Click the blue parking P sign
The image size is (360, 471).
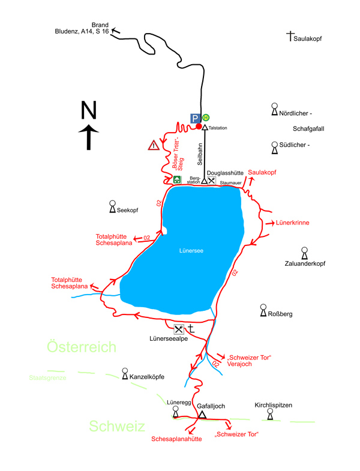point(195,118)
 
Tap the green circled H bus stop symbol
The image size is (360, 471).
point(206,118)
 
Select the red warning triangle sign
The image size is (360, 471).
point(154,145)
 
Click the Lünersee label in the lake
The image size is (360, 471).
point(191,251)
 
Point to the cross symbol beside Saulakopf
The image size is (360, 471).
point(290,36)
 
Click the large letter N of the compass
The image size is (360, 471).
point(89,110)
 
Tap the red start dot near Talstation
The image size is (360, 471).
point(199,126)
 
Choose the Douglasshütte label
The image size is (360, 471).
point(225,173)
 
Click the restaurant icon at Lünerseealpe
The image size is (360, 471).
point(178,329)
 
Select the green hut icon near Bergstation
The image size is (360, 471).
point(177,179)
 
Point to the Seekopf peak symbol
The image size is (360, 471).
point(112,206)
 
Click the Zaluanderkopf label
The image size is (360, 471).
point(305,263)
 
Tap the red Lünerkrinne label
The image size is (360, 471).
point(292,223)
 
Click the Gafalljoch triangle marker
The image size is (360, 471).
point(202,415)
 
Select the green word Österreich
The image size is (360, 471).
point(82,347)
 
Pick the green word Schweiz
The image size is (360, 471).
point(117,426)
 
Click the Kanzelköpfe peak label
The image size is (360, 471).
point(146,377)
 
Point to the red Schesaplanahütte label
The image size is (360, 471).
point(176,439)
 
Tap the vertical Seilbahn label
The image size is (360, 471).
point(200,154)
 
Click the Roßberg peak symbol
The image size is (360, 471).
point(263,310)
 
